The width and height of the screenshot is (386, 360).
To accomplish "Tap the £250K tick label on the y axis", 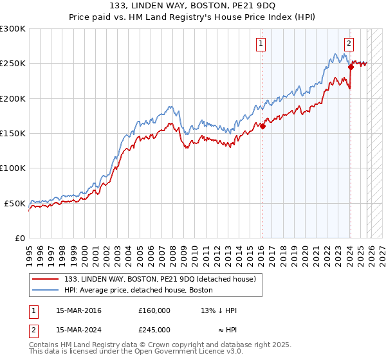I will point(13,64).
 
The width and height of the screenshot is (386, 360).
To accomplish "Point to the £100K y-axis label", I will point(13,168).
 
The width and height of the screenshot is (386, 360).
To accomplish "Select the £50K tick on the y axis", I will point(15,203).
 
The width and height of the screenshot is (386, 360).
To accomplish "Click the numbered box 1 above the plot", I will point(261,44).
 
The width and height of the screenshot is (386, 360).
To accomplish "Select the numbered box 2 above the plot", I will point(349,44).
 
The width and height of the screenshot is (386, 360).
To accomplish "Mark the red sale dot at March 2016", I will point(262,127).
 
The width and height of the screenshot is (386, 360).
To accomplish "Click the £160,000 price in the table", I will point(154,310).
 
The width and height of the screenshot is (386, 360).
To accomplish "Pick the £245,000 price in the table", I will point(154,329).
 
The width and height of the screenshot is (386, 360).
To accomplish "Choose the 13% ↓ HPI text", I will point(219,310).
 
